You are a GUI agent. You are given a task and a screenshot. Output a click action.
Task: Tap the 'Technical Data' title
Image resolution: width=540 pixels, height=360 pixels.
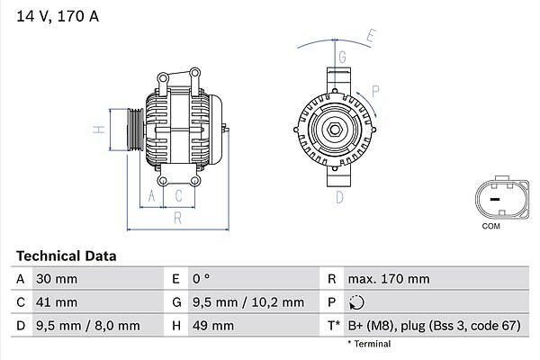pos(66,256)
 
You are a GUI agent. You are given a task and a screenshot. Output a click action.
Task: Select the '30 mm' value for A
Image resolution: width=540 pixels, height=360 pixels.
pos(55,279)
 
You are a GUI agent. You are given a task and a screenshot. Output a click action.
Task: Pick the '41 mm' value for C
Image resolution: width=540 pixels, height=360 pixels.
pos(55,302)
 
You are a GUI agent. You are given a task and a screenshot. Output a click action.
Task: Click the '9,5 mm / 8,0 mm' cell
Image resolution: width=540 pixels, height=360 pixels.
pos(86,325)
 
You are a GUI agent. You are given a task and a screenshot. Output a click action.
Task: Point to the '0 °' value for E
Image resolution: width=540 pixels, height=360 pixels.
pos(199,279)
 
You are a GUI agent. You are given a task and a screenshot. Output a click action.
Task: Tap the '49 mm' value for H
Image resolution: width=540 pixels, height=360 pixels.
pos(211,325)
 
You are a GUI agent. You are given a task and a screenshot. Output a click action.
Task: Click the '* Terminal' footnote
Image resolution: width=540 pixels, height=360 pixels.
pos(369,344)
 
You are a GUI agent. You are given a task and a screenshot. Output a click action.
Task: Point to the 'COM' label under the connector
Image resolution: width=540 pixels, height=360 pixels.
pos(490,226)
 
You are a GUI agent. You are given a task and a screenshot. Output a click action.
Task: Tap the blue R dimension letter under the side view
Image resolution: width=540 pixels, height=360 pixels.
pos(177,217)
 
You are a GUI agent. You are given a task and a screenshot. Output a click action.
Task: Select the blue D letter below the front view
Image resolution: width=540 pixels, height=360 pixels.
pos(341,196)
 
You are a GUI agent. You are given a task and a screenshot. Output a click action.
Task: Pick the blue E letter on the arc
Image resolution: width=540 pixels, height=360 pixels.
pos(371,36)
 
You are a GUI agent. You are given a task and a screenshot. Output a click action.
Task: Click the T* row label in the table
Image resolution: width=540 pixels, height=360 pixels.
pos(333,325)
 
